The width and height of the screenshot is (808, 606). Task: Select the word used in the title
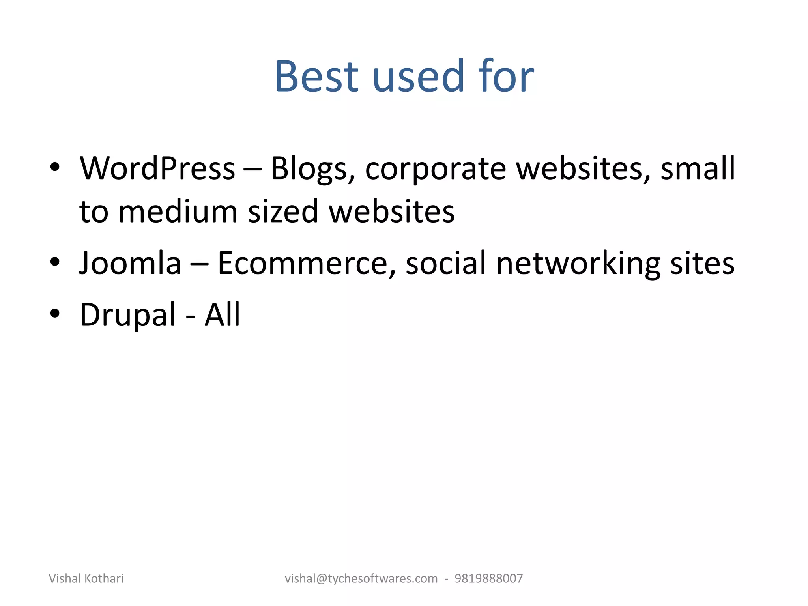pos(418,76)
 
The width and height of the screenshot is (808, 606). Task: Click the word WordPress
pos(157,168)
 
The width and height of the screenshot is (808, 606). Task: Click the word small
pos(698,168)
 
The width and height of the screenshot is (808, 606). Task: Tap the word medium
pos(178,212)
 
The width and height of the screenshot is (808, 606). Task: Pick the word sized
pos(283,212)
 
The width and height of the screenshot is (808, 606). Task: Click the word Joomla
pos(130,263)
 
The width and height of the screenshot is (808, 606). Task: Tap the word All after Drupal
pos(222,314)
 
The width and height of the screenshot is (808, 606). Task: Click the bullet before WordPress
pos(55,167)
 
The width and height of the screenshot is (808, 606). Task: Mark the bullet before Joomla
pos(55,261)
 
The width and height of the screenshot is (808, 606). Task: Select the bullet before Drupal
pos(55,313)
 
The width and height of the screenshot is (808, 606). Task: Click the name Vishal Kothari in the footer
pos(86,578)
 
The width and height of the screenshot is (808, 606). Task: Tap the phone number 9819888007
pos(488,578)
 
